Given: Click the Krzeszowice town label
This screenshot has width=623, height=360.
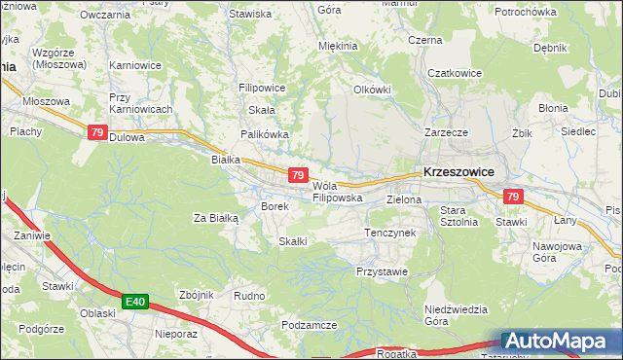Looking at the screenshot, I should coord(458,171).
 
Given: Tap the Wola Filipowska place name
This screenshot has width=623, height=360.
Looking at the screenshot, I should coord(337,192).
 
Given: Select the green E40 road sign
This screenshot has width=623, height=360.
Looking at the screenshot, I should coord(135,304).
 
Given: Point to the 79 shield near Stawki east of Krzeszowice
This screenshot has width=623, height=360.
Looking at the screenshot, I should coord(514,198).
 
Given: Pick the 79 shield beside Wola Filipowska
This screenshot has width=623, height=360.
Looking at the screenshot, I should coord(299,174).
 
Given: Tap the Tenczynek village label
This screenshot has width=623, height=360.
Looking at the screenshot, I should coord(389,234).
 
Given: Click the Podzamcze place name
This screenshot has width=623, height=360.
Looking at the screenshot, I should coord(308,325).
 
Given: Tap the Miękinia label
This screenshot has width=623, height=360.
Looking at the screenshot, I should coord(339,46).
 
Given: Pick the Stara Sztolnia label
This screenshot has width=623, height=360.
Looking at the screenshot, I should coord(458,215).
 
